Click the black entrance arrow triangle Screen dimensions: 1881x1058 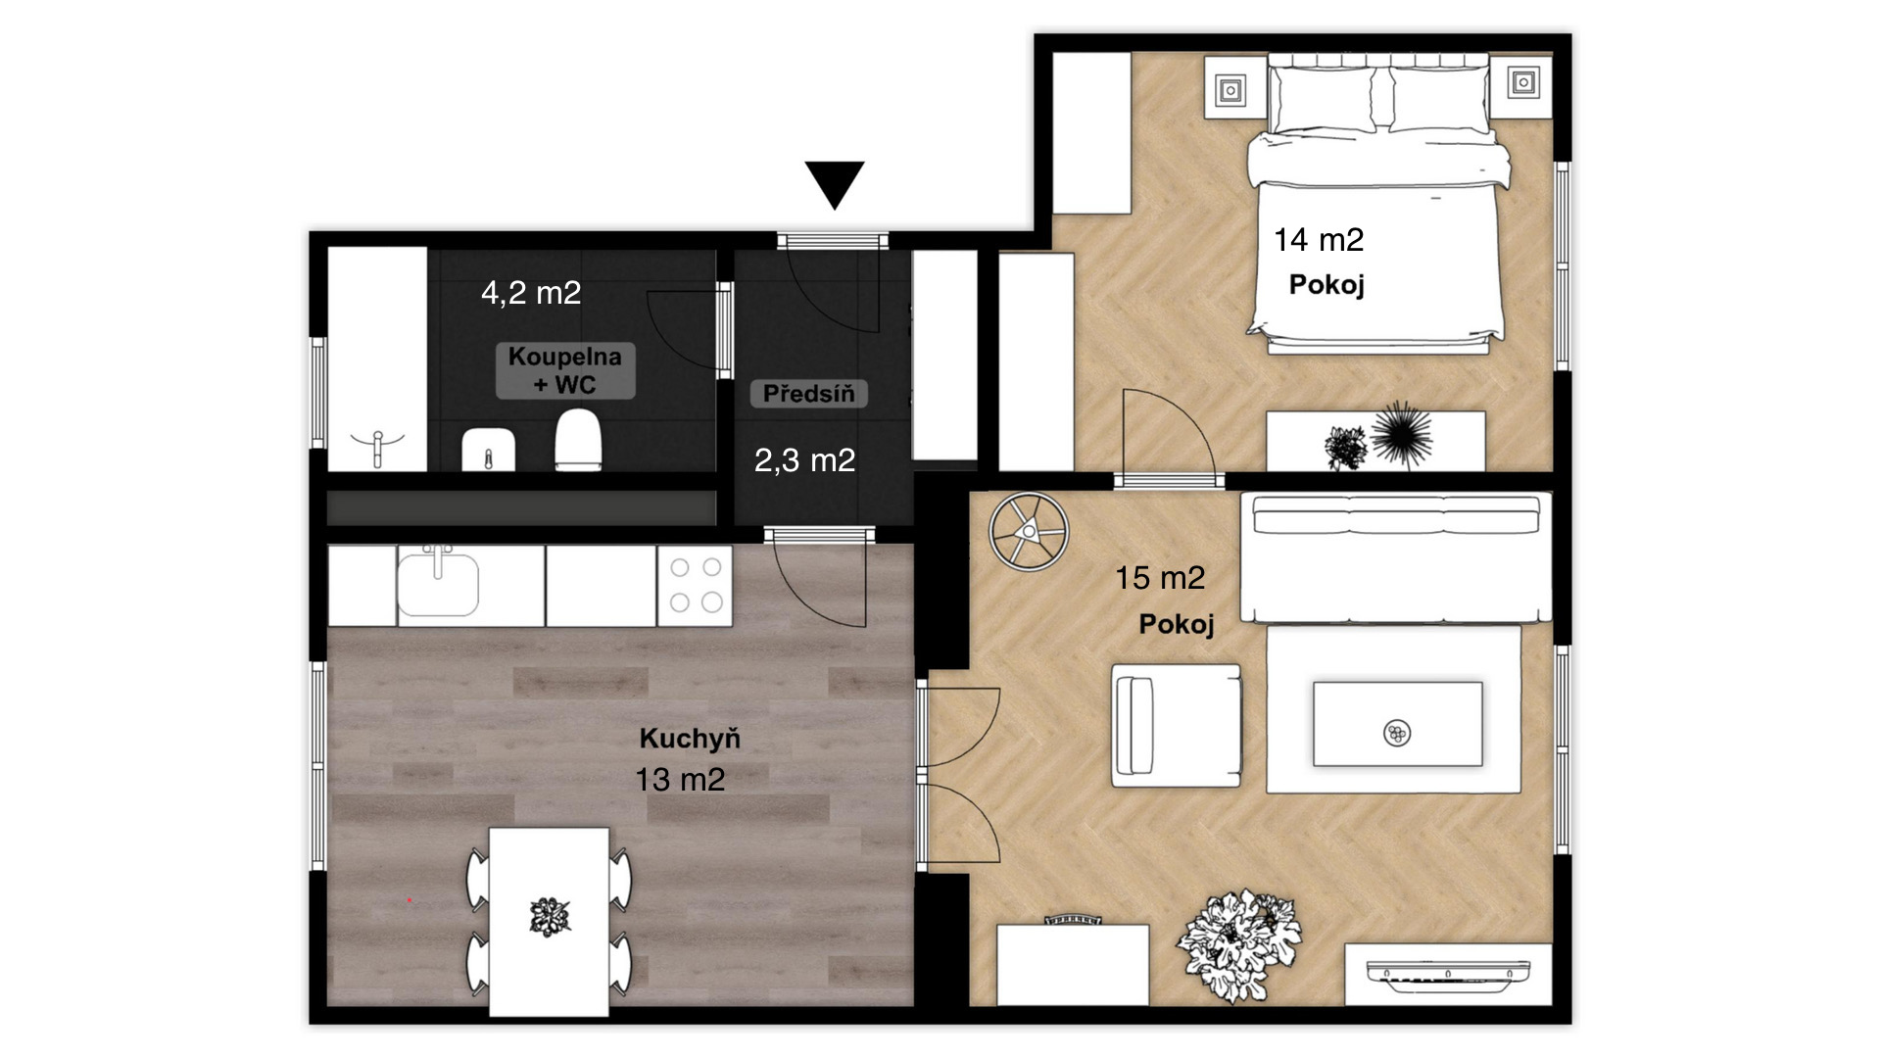tap(835, 183)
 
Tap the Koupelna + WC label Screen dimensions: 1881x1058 tap(565, 370)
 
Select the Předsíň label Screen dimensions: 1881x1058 tap(809, 394)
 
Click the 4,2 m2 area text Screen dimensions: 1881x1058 tap(531, 292)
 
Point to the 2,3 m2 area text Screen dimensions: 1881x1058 tap(804, 460)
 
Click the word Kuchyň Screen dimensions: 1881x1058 tap(690, 738)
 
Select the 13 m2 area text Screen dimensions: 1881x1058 tap(680, 780)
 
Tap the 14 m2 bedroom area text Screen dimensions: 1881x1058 tap(1319, 239)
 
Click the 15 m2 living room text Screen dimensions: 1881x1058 tap(1160, 578)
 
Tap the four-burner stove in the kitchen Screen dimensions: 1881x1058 tap(695, 585)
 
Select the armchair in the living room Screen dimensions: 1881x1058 tap(1176, 725)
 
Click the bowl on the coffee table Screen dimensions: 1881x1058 tap(1397, 732)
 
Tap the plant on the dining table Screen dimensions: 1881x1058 tap(550, 916)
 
